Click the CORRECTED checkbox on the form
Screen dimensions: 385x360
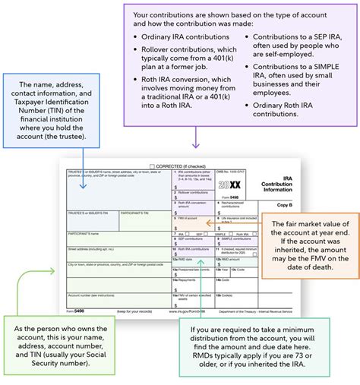pos(153,165)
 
